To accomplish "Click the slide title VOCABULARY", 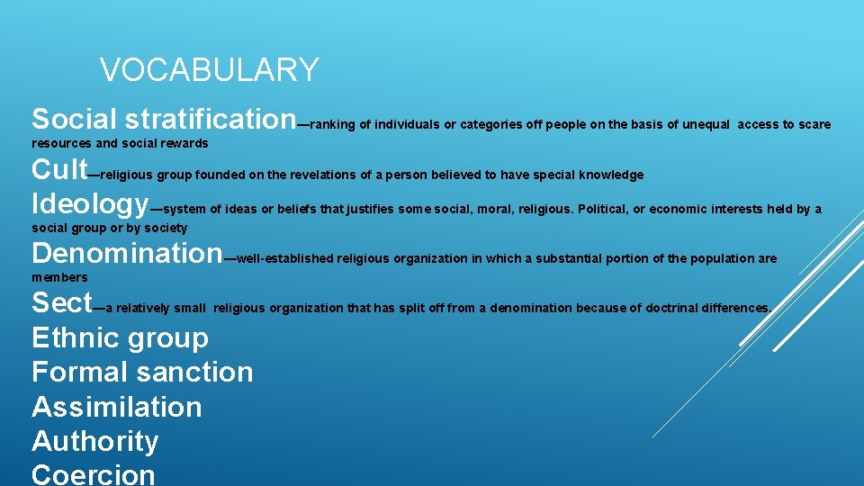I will pyautogui.click(x=209, y=70).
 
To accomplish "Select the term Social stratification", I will pyautogui.click(x=163, y=119).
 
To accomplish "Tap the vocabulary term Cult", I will pyautogui.click(x=59, y=169).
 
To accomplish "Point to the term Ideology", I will pyautogui.click(x=90, y=203).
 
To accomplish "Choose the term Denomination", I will pyautogui.click(x=126, y=253).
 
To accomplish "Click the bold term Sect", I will pyautogui.click(x=62, y=302).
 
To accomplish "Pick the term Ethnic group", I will pyautogui.click(x=120, y=338).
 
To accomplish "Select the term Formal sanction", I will pyautogui.click(x=142, y=373).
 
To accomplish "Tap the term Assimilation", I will pyautogui.click(x=117, y=407).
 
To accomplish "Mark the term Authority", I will pyautogui.click(x=94, y=441).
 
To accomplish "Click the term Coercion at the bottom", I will pyautogui.click(x=94, y=474).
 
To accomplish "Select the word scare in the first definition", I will pyautogui.click(x=814, y=124).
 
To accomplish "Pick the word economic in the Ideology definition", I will pyautogui.click(x=678, y=210).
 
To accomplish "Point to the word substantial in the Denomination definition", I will pyautogui.click(x=569, y=259).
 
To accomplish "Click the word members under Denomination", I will pyautogui.click(x=59, y=277).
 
